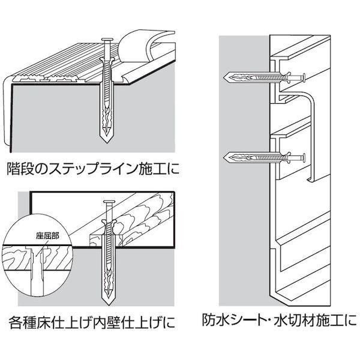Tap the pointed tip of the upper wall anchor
225,77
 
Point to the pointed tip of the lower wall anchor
225,158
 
